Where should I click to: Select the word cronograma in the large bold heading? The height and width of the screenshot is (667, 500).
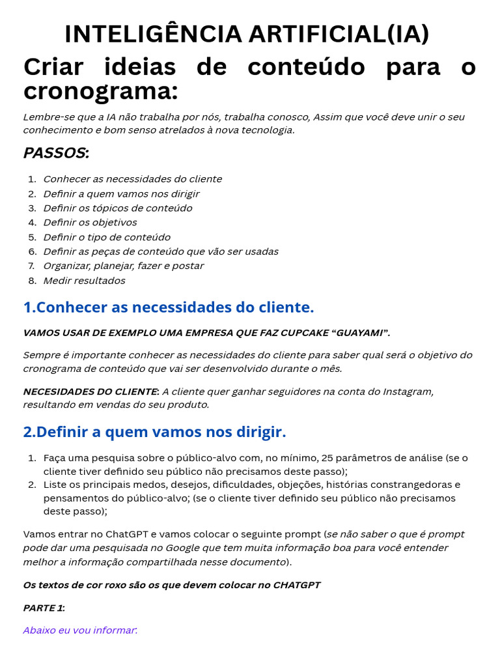click(100, 92)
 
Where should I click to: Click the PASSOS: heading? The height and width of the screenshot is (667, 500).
click(56, 153)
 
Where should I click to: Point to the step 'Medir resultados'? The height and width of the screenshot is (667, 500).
click(84, 281)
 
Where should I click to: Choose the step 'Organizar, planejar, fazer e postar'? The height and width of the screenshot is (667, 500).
click(123, 266)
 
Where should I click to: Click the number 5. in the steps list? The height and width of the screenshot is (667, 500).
click(32, 237)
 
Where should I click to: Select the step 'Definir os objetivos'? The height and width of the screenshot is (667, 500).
click(90, 223)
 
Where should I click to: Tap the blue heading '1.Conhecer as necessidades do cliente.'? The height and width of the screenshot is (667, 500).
click(169, 307)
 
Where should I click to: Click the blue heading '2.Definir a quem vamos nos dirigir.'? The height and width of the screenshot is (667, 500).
click(154, 432)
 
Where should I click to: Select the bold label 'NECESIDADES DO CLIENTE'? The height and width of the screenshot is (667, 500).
click(90, 391)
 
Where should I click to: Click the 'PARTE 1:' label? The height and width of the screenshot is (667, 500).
click(44, 608)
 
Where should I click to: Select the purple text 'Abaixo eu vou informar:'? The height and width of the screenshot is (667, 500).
click(80, 630)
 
